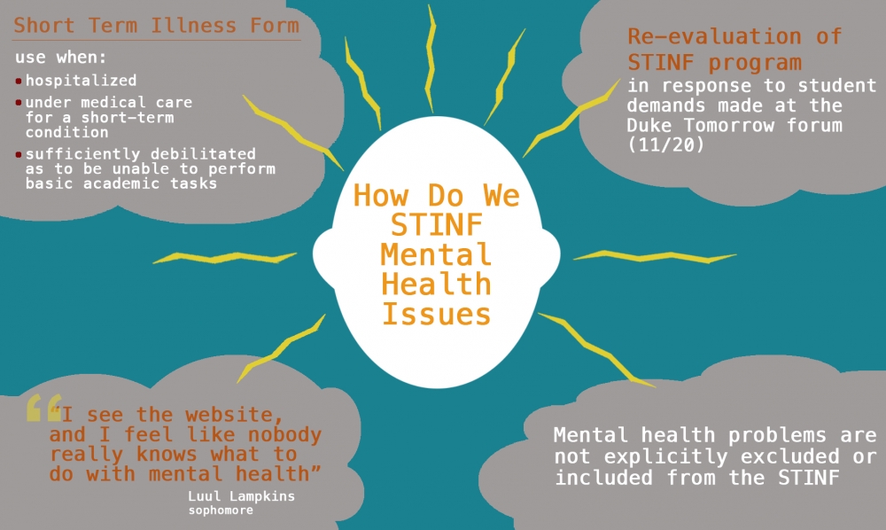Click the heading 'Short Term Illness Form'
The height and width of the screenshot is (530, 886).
click(x=156, y=26)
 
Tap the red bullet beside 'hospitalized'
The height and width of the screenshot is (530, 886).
click(x=19, y=82)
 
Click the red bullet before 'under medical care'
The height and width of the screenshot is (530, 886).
click(x=19, y=103)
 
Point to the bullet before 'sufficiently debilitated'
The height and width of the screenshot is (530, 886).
click(x=19, y=154)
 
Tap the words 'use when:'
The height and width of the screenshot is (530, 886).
click(x=61, y=58)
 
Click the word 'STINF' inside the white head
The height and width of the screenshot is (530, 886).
click(x=435, y=225)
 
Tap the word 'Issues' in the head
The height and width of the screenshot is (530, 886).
click(x=435, y=315)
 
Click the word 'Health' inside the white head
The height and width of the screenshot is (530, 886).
click(x=435, y=284)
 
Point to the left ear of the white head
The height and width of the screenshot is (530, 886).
click(x=323, y=258)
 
